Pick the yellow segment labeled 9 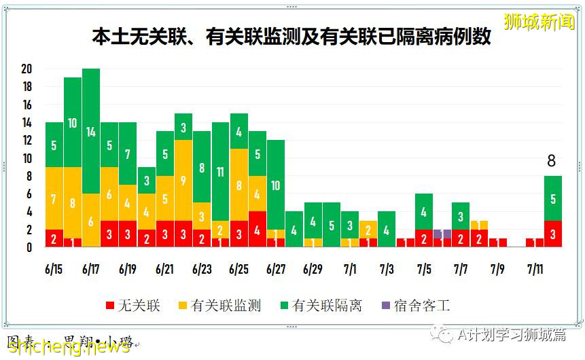tap(183, 180)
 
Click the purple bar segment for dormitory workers tap(442, 234)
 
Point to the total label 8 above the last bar tap(552, 161)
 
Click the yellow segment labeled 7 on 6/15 tap(54, 198)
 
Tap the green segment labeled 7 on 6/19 tap(128, 154)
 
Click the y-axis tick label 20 tap(27, 69)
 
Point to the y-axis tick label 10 tap(27, 158)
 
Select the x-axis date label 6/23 tap(202, 269)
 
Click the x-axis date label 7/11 tap(534, 269)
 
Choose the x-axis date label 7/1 tap(350, 269)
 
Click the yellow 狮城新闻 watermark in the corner tap(539, 22)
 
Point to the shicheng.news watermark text tap(68, 346)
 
